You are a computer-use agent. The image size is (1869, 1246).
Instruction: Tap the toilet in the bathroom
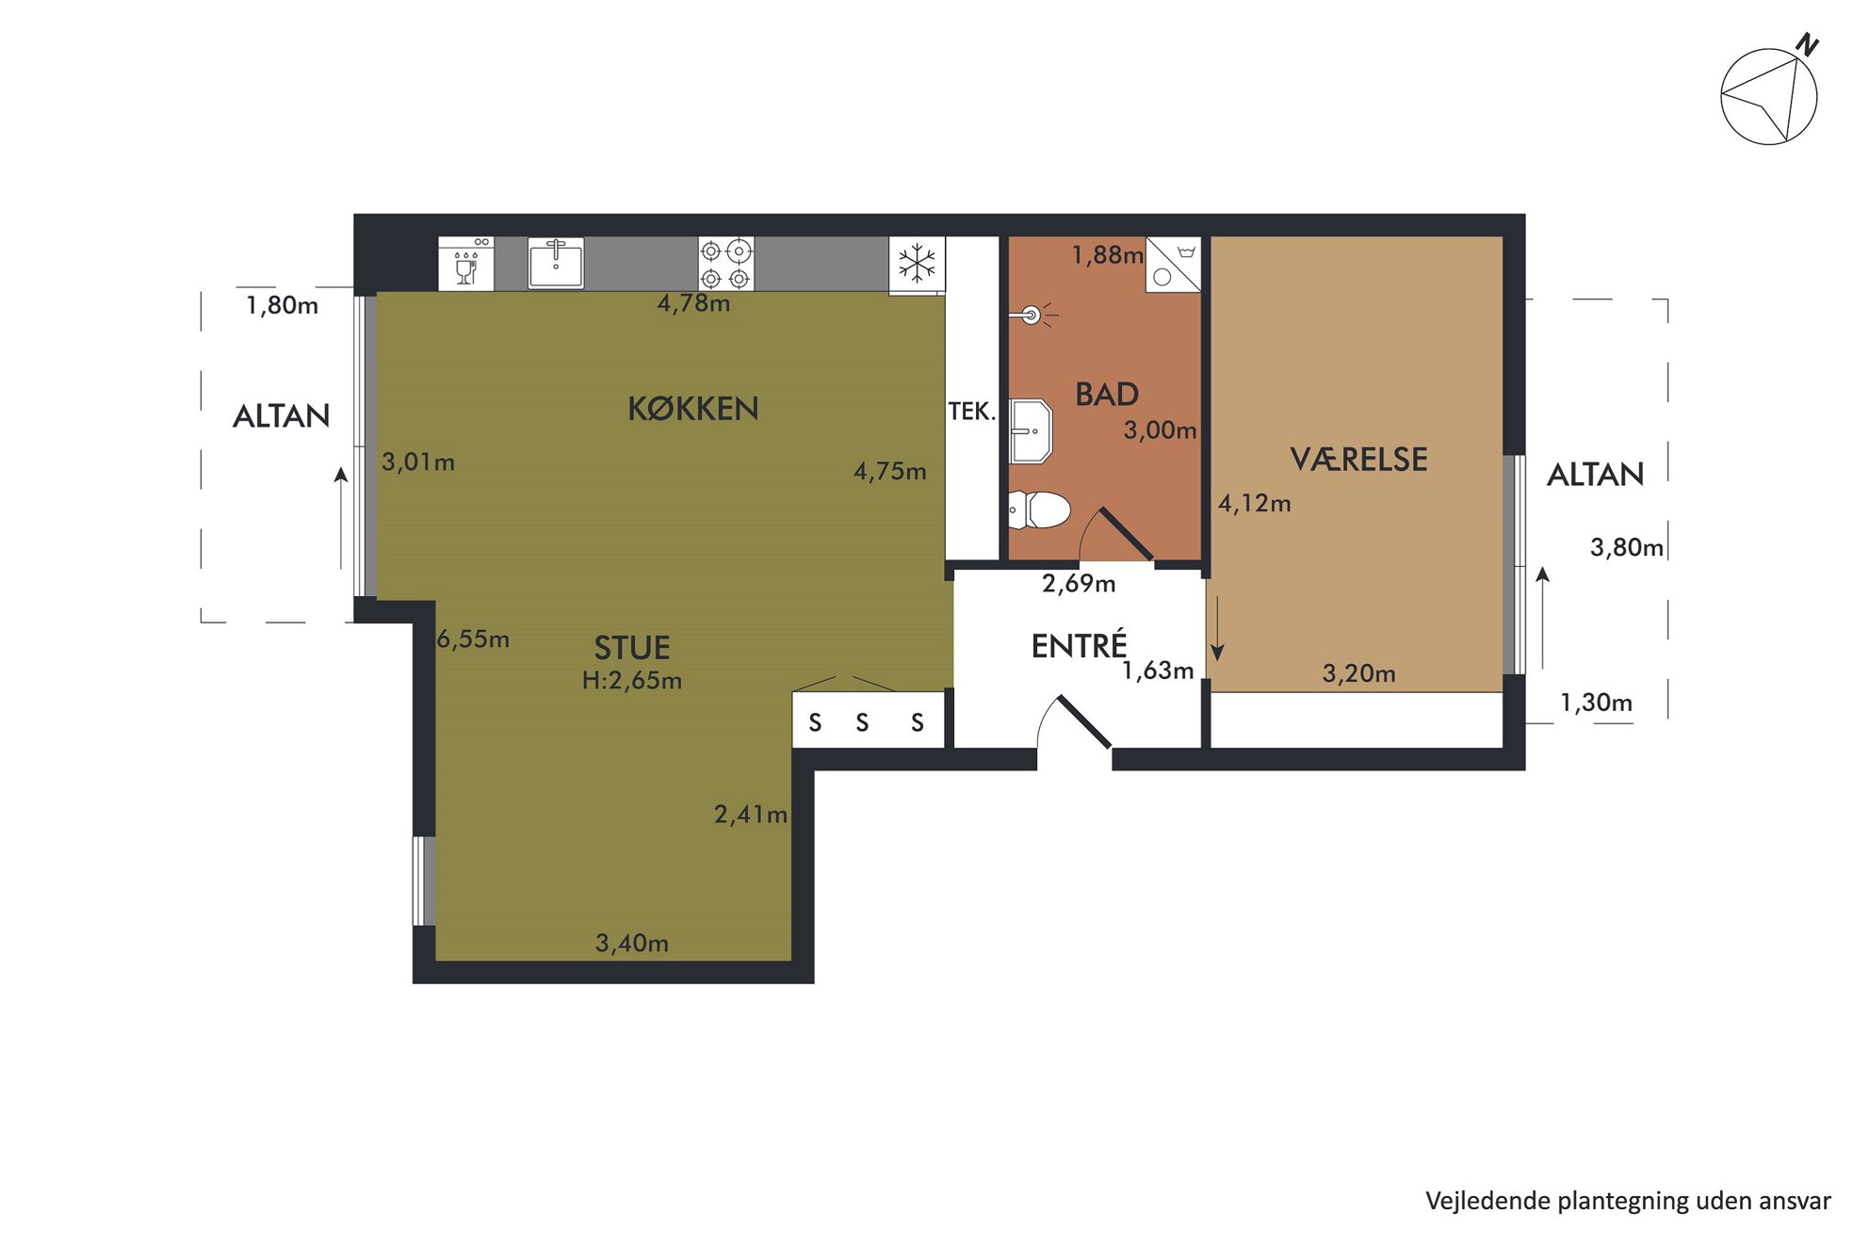coord(1039,510)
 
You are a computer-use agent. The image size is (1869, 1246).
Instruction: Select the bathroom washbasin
coord(1030,431)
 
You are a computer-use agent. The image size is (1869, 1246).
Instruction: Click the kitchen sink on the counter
coord(556,263)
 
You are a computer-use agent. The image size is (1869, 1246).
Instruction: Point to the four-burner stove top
coord(725,264)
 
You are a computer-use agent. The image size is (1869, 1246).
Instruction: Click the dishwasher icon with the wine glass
coord(466,263)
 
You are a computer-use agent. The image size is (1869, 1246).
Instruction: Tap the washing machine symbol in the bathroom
coord(1173,264)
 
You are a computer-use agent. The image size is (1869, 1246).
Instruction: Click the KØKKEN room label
coord(693,409)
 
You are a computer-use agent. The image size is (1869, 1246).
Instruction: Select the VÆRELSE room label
coord(1358,460)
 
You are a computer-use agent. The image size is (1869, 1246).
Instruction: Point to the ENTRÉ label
coord(1079,645)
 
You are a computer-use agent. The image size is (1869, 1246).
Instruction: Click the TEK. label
coord(971,412)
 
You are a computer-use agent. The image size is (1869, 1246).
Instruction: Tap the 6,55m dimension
coord(473,639)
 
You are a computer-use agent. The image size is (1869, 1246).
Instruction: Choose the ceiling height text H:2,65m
coord(632,680)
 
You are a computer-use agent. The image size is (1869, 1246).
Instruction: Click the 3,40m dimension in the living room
coord(632,943)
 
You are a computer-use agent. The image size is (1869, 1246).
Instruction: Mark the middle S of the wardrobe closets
coord(862,722)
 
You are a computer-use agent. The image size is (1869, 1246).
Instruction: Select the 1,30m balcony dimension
coord(1596,703)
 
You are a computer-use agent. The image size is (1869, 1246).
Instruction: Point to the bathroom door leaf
coord(1126,534)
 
